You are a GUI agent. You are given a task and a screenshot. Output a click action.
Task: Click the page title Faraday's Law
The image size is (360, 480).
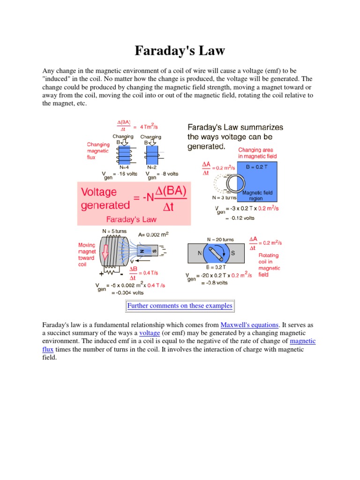(x=180, y=50)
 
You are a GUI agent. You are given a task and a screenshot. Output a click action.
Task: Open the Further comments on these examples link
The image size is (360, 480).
(x=180, y=306)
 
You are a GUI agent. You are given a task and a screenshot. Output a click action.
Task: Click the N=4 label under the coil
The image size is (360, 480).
(x=124, y=166)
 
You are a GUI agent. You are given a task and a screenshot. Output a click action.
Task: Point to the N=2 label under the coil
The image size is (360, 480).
(x=152, y=166)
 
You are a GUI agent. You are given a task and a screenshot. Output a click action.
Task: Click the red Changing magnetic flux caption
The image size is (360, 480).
(x=97, y=151)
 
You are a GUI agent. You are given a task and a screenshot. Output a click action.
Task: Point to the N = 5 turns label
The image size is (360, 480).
(x=114, y=231)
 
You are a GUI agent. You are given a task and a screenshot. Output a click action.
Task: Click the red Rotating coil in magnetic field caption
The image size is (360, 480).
(x=269, y=265)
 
